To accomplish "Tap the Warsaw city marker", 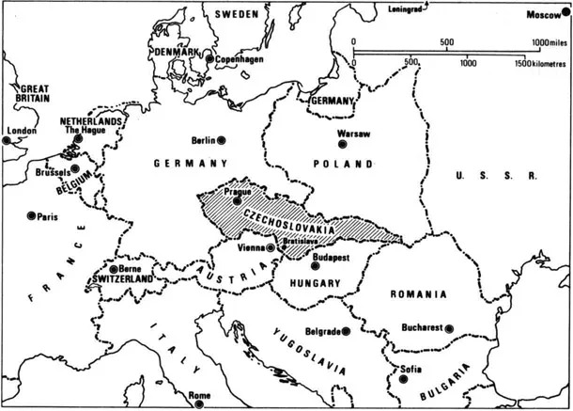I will pyautogui.click(x=343, y=144).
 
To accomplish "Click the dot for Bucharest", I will pyautogui.click(x=450, y=328).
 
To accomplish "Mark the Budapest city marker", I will pyautogui.click(x=316, y=266).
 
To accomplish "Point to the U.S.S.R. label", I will pyautogui.click(x=494, y=177).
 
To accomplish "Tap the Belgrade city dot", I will pyautogui.click(x=348, y=332).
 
